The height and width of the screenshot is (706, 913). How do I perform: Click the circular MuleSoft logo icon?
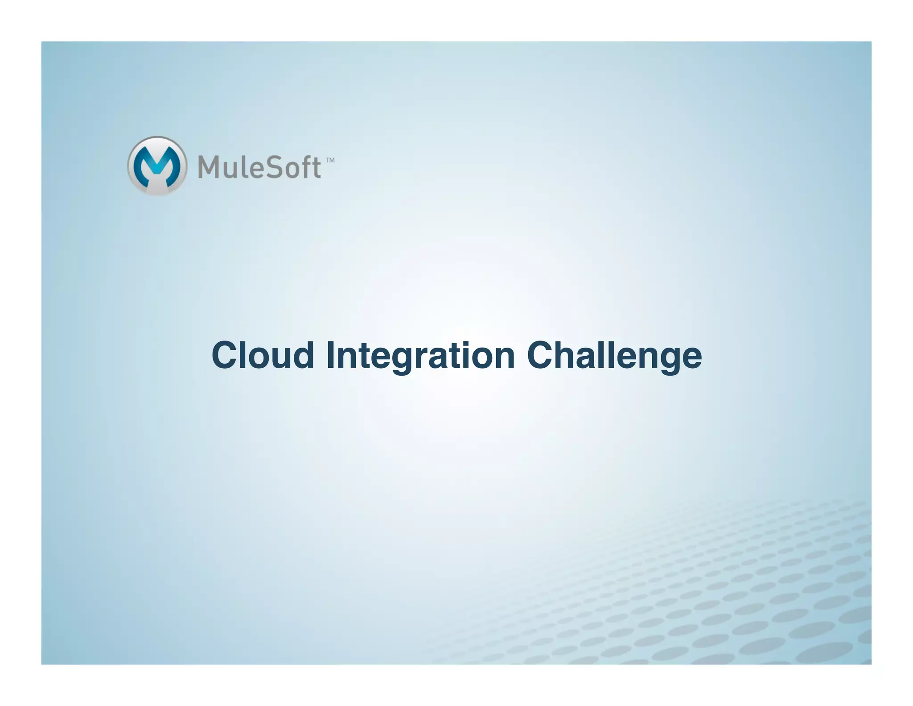156,166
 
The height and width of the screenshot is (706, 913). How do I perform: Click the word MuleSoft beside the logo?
259,167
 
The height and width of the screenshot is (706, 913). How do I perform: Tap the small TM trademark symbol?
330,160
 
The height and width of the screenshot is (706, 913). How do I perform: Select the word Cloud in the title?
263,355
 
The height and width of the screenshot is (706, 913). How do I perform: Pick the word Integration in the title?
420,355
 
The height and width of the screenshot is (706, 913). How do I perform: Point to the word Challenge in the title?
614,355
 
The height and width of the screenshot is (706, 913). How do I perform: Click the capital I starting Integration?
330,355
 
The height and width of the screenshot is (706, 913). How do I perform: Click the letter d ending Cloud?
303,355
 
